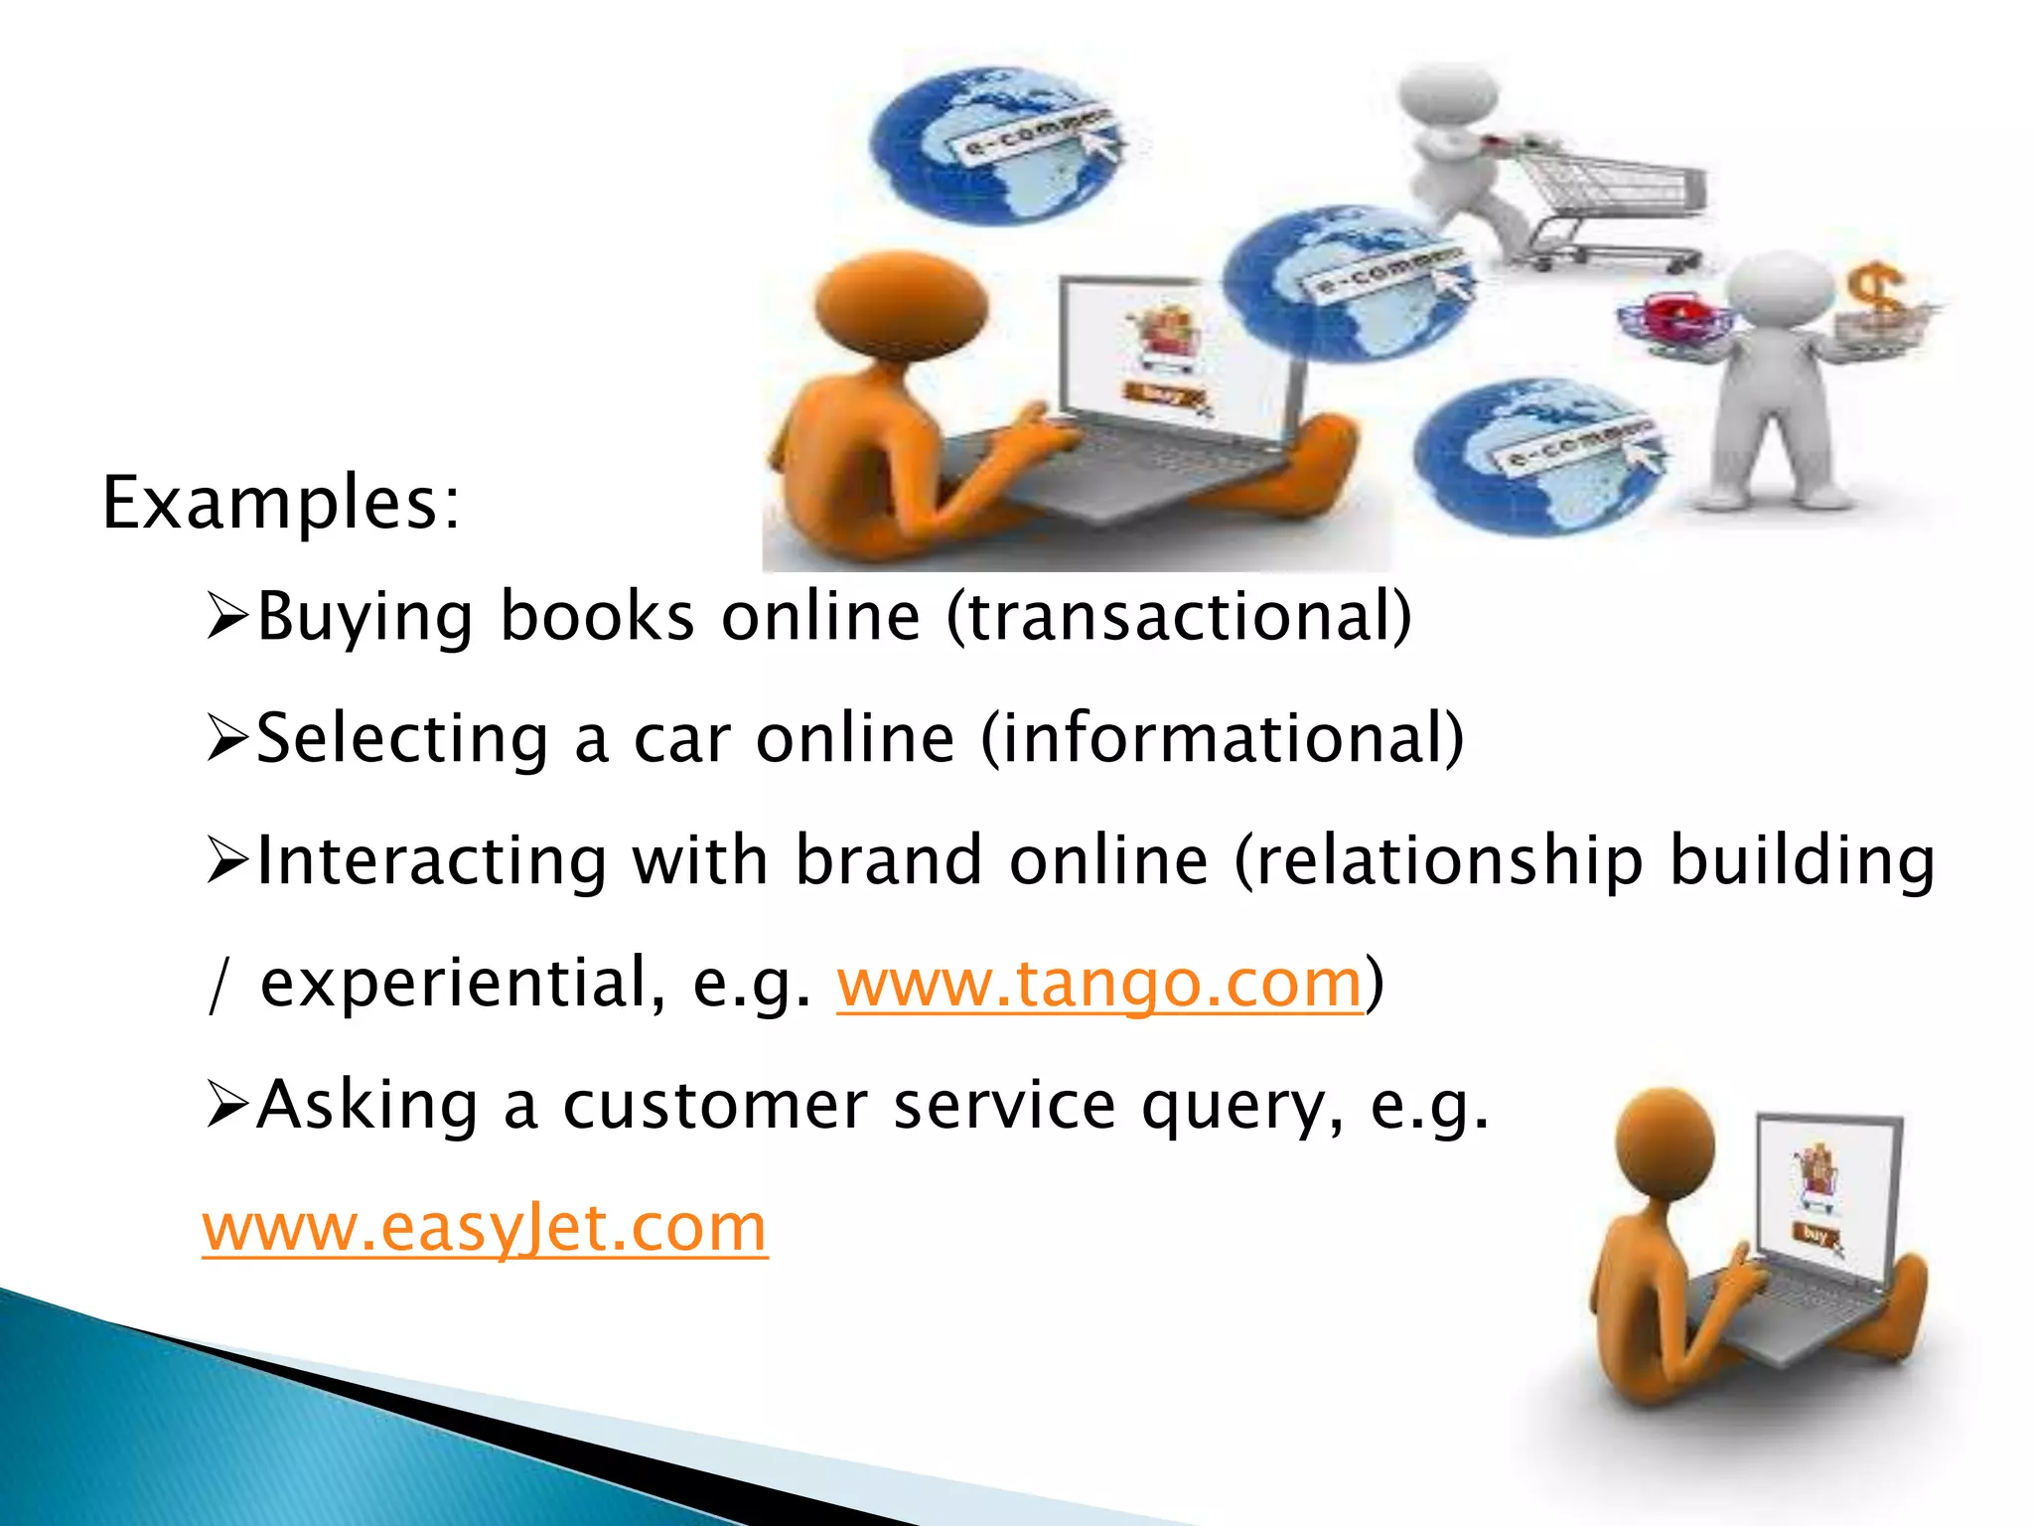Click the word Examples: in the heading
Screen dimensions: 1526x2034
click(x=281, y=504)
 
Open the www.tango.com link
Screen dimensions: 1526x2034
click(x=1098, y=983)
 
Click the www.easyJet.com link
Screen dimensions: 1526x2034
click(x=485, y=1228)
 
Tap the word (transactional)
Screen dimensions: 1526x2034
click(x=1179, y=617)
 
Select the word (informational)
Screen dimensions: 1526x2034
click(x=1223, y=739)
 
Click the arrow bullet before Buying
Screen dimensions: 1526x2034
click(x=226, y=617)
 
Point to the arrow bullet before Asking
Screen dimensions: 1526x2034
click(x=226, y=1106)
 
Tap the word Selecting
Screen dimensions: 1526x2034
click(x=402, y=739)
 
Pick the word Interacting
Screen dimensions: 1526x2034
click(x=431, y=860)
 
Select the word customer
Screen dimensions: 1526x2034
click(x=715, y=1106)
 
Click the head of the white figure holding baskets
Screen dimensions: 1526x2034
click(x=1782, y=289)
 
